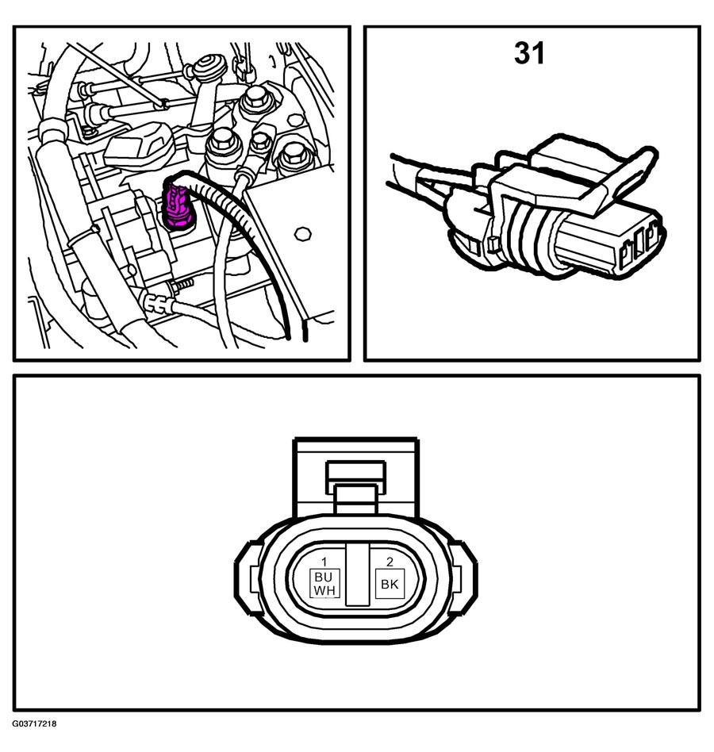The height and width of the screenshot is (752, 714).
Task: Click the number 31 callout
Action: (x=529, y=53)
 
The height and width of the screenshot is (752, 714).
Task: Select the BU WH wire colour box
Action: (x=324, y=583)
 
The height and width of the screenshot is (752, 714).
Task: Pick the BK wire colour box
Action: (x=390, y=584)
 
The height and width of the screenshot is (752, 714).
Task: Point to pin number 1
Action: (x=324, y=562)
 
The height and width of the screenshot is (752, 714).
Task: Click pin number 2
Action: (x=390, y=562)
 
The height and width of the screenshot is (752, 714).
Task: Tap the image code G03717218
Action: (x=35, y=737)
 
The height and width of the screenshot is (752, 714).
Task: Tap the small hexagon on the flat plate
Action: (x=302, y=234)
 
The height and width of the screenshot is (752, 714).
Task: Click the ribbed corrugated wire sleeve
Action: (x=244, y=225)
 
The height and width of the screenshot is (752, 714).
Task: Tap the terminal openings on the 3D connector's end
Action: (x=638, y=249)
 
